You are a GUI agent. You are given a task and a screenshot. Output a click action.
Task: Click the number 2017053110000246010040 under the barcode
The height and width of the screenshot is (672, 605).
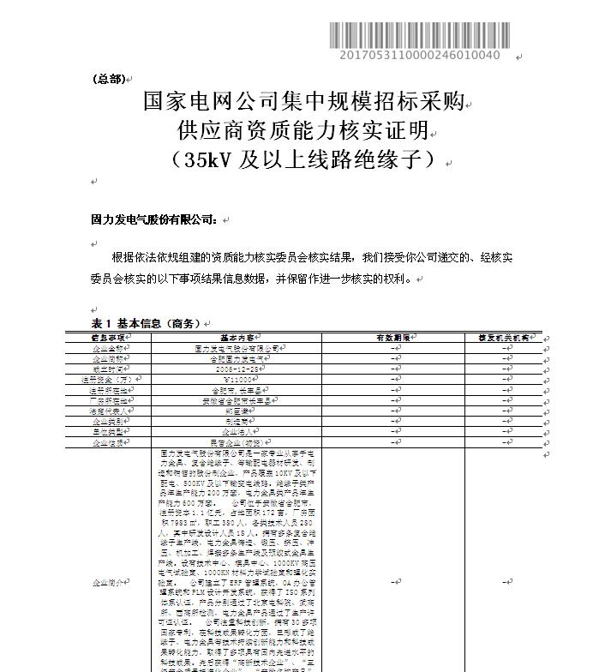click(x=420, y=56)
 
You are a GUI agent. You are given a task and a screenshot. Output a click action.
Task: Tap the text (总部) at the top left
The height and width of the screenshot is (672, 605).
click(x=108, y=79)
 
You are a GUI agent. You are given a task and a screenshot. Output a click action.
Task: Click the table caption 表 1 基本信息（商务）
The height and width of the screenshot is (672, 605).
click(x=146, y=323)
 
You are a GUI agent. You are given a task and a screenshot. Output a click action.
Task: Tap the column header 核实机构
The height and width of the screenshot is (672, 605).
click(x=503, y=338)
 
